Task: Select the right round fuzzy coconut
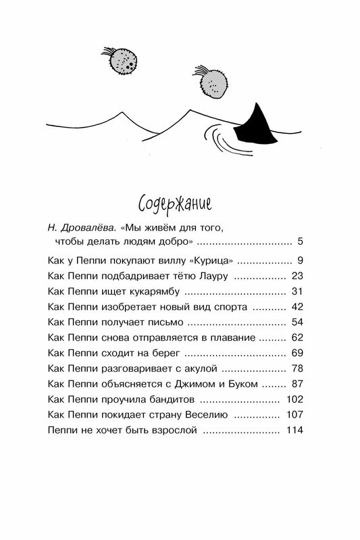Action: click(214, 84)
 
